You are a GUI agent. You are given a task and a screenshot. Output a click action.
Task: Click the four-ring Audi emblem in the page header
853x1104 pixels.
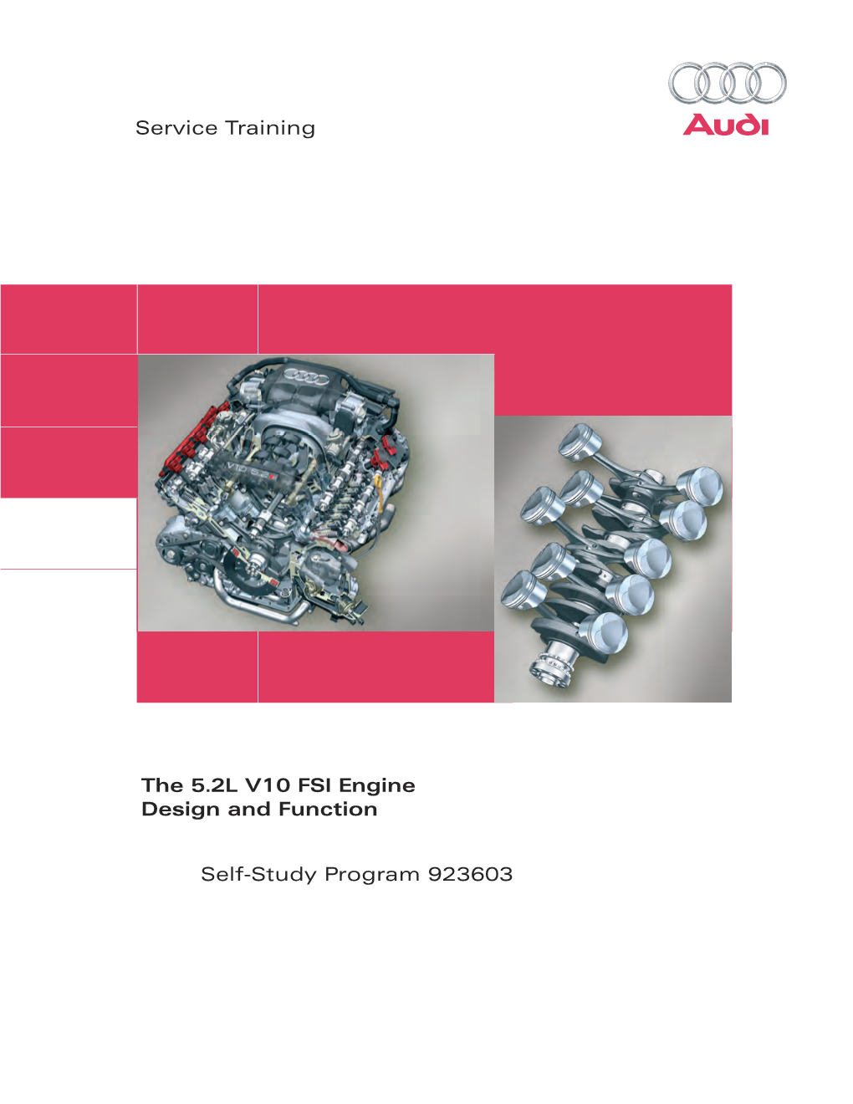coord(727,84)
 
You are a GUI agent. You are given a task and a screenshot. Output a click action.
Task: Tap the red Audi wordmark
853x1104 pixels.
coord(725,125)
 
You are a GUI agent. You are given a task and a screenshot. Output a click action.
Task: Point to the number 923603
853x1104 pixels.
coord(470,874)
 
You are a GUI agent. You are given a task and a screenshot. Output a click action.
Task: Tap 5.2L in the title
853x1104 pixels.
coord(214,785)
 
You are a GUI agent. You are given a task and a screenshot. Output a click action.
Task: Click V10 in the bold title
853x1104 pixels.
coord(268,785)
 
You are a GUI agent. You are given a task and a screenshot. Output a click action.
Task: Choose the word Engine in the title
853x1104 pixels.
coord(377,786)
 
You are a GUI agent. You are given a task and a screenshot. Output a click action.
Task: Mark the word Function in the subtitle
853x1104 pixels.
coord(328,810)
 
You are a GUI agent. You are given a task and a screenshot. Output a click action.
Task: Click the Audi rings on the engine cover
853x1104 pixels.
coord(306,377)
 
